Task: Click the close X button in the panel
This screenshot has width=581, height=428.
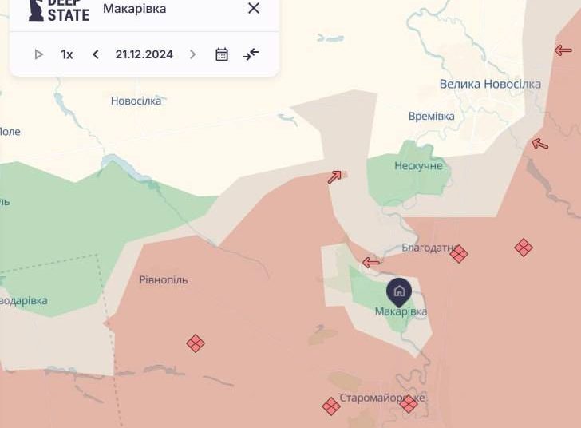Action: pos(254,8)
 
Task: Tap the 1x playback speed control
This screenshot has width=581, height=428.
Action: pos(67,54)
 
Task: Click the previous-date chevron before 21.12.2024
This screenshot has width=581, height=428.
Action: pos(96,54)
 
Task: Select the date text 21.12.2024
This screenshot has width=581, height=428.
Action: pos(144,54)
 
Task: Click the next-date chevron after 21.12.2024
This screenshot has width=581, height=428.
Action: pos(192,54)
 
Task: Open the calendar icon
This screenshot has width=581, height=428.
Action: pos(222,54)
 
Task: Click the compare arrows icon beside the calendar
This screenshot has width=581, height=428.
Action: pos(251,54)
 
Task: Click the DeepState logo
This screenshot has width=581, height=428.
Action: pos(58,10)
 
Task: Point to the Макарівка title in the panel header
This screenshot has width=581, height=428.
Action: pos(134,9)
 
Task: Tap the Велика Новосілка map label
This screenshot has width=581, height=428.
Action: pos(490,84)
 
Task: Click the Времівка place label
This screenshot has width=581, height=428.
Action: pos(431,116)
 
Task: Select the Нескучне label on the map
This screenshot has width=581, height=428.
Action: pos(417,165)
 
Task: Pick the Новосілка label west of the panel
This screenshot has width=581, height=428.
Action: pos(136,101)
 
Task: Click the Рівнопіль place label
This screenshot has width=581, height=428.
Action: pos(164,279)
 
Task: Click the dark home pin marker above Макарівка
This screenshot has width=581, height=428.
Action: pos(399,291)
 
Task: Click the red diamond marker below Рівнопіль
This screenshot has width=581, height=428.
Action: pos(196,343)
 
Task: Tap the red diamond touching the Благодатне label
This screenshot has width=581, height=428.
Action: pos(459,254)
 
